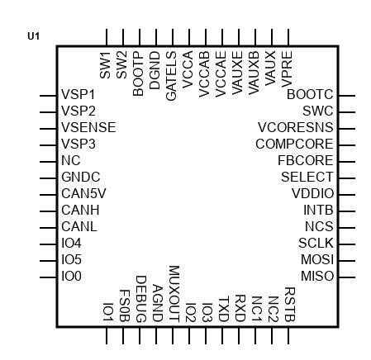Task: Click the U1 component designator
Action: click(x=34, y=36)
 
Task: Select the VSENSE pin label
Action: click(x=88, y=127)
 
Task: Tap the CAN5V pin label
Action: click(x=83, y=193)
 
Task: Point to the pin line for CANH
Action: click(x=48, y=211)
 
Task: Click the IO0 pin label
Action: click(x=71, y=276)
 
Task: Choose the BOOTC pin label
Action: click(x=310, y=94)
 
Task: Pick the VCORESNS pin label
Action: click(x=296, y=127)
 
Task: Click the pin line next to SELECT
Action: click(x=347, y=178)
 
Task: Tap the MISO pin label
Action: click(x=317, y=276)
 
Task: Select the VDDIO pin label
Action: click(x=312, y=193)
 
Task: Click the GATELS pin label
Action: click(x=171, y=76)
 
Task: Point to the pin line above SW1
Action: click(x=107, y=37)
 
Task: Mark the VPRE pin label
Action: click(x=287, y=69)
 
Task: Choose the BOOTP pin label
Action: click(x=138, y=73)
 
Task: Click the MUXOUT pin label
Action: click(x=174, y=294)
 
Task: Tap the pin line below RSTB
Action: click(x=288, y=335)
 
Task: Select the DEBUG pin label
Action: click(x=141, y=299)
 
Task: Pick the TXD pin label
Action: click(x=224, y=309)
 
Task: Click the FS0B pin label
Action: click(x=125, y=306)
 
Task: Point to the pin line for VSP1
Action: click(x=48, y=96)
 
